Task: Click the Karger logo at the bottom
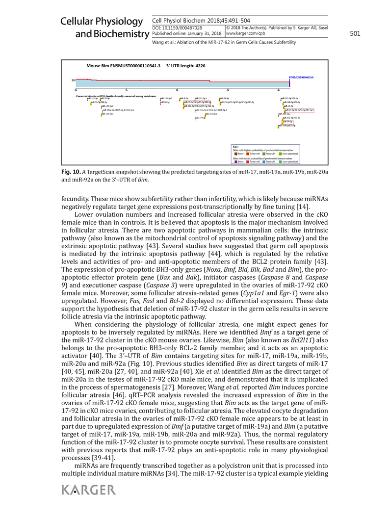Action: click(x=89, y=490)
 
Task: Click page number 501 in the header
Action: click(x=355, y=33)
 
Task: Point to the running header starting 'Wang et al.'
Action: click(x=225, y=43)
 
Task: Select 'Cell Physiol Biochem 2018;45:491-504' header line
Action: click(x=201, y=21)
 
